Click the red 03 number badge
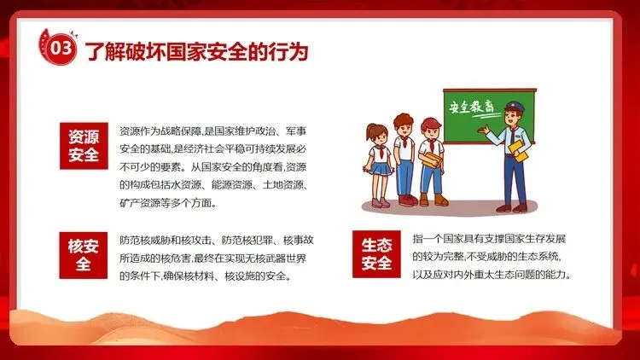(x=61, y=48)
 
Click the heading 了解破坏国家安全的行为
(x=196, y=51)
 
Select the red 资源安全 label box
(x=84, y=146)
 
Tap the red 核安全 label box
(x=84, y=255)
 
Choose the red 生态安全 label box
(x=376, y=254)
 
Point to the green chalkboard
(x=490, y=116)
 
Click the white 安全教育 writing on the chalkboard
(x=471, y=107)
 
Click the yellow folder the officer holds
(x=519, y=151)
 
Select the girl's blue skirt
(x=381, y=168)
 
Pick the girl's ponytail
(x=369, y=132)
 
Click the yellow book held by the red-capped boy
(x=433, y=160)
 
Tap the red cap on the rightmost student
(x=430, y=123)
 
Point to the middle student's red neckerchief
(x=404, y=142)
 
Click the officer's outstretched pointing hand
(x=483, y=131)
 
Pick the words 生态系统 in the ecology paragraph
(x=538, y=256)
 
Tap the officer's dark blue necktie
(x=512, y=136)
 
